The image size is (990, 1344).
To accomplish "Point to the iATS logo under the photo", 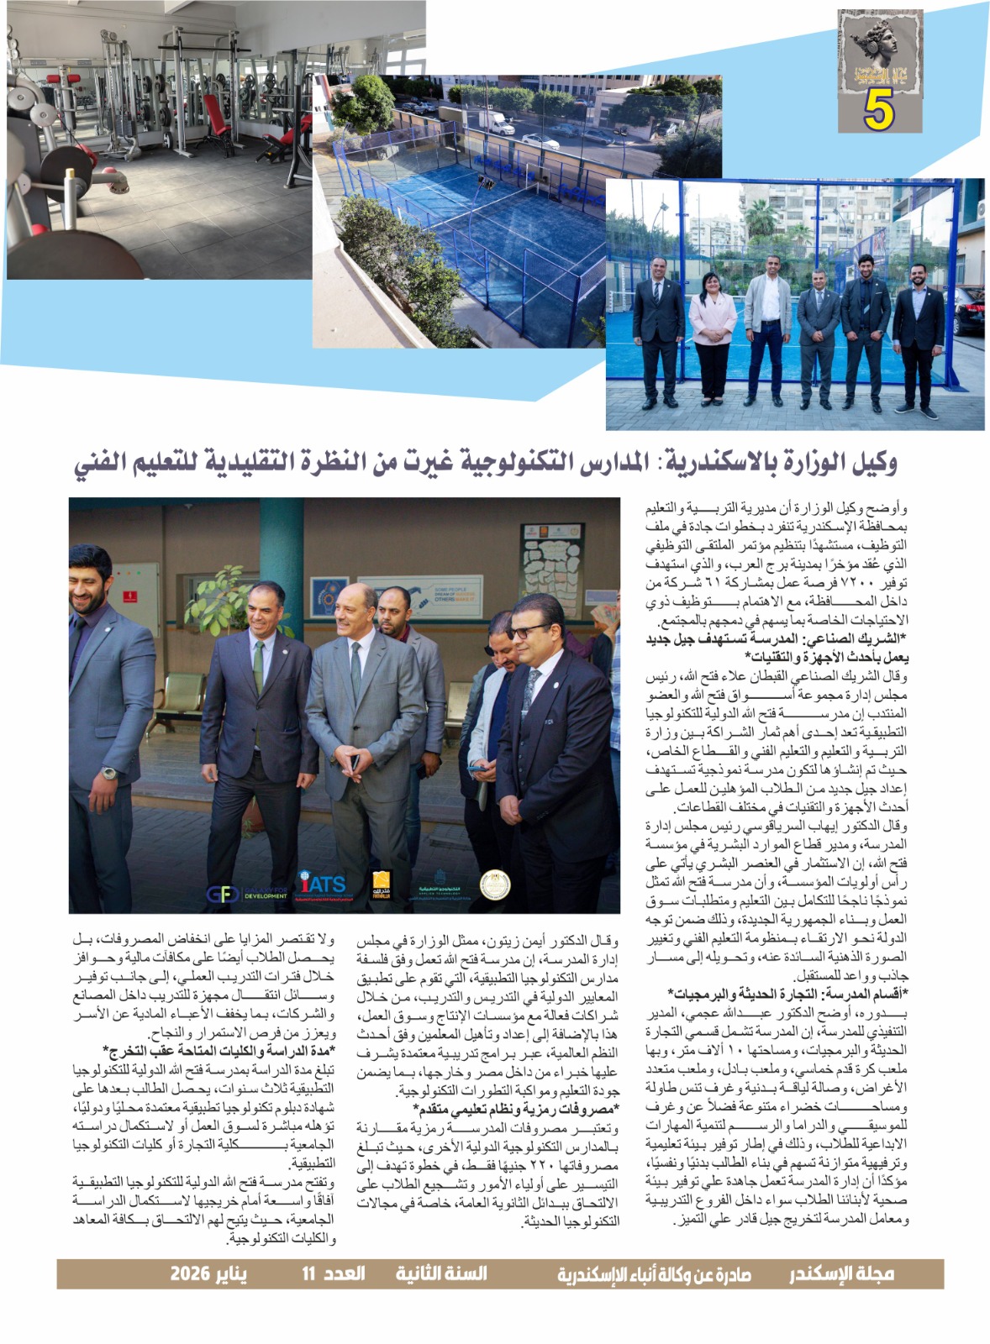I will coord(322,885).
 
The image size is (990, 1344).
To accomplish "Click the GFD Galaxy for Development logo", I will coord(245,894).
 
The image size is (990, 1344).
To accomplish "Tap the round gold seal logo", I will coord(493,885).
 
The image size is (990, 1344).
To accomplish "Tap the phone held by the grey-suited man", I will coord(355,762).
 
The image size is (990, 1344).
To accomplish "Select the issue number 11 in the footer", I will coord(308,1273).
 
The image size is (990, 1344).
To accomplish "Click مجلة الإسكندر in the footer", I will coord(840,1273).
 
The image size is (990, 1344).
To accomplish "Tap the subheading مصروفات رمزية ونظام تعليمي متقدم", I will coord(515,1110).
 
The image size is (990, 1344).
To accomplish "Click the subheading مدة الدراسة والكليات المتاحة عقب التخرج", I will coord(219,1051).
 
